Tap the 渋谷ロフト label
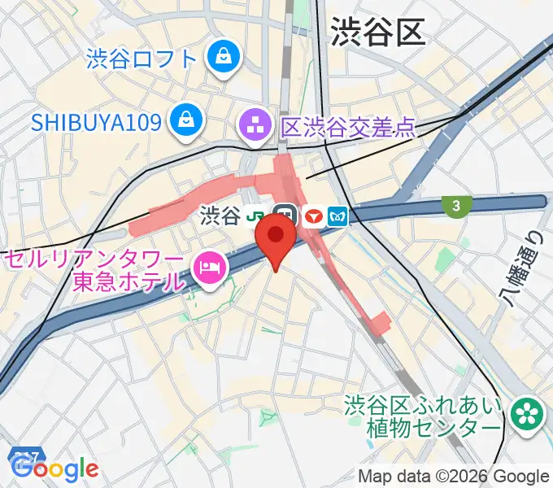pyautogui.click(x=142, y=59)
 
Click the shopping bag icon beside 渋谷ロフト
pyautogui.click(x=221, y=57)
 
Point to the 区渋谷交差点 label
pyautogui.click(x=348, y=127)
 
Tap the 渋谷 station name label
pyautogui.click(x=220, y=216)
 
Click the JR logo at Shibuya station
pyautogui.click(x=258, y=216)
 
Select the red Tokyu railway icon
pyautogui.click(x=312, y=216)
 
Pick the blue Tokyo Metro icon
pyautogui.click(x=337, y=216)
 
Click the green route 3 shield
pyautogui.click(x=456, y=207)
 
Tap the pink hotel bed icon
pyautogui.click(x=208, y=269)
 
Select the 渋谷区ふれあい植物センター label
pyautogui.click(x=421, y=416)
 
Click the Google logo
pyautogui.click(x=55, y=469)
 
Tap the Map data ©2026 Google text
pyautogui.click(x=454, y=477)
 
